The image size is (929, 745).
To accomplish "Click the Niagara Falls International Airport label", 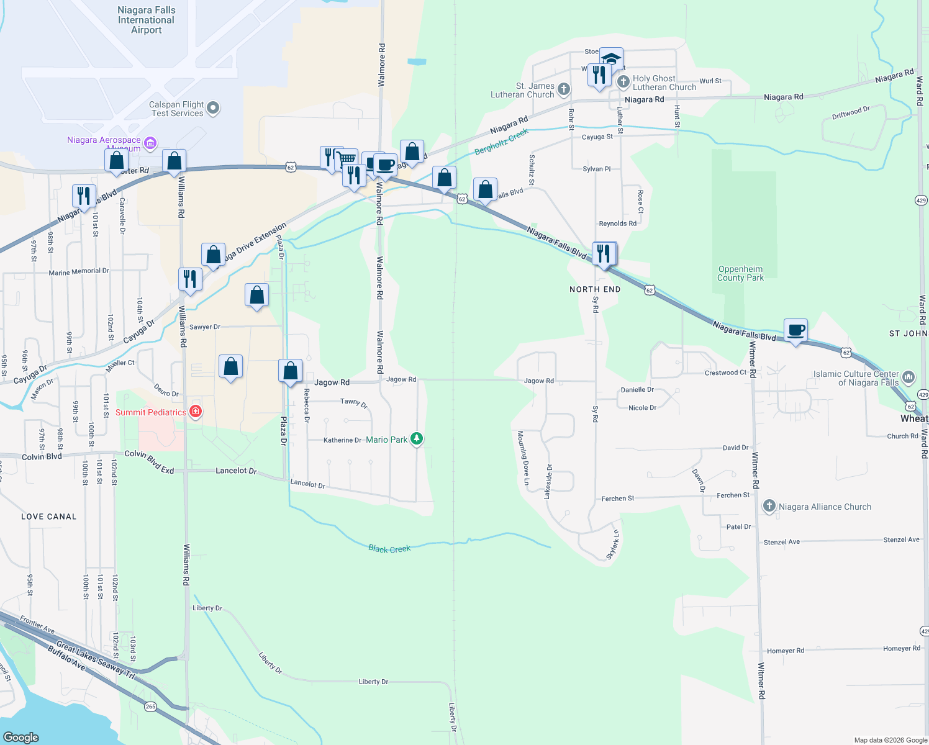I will [147, 20].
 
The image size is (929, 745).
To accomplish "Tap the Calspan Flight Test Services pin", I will [213, 108].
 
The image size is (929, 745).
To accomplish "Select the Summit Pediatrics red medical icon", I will [196, 411].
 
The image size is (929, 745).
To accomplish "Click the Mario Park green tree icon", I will [417, 439].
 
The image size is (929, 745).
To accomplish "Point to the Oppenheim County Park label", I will [740, 273].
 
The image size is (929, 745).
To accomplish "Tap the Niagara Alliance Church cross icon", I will [769, 506].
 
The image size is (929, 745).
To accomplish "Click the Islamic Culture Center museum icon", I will [909, 377].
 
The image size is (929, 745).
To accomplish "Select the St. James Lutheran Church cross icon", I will [563, 89].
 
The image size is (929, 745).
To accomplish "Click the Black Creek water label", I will [389, 549].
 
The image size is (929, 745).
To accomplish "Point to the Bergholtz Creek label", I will [501, 142].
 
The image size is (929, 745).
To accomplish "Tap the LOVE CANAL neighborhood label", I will [49, 517].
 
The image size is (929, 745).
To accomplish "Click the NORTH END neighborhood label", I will [595, 289].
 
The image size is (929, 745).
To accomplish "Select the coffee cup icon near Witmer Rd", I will [795, 330].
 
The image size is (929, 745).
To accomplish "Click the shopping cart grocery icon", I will [347, 159].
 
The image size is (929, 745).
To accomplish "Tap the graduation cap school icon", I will [611, 59].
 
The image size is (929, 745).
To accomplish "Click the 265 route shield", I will [151, 707].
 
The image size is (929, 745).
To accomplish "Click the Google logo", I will [21, 737].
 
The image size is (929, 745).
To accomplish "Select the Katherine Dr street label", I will [342, 440].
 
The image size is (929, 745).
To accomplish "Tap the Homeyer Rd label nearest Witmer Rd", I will [786, 651].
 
